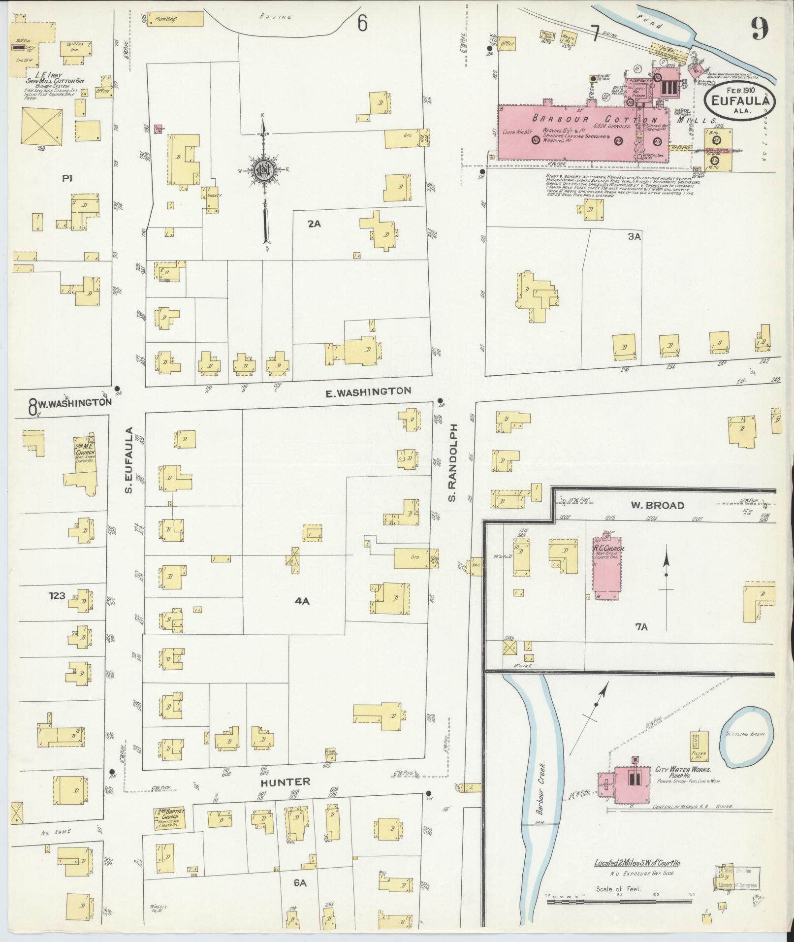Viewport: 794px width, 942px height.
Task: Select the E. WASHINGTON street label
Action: click(x=368, y=391)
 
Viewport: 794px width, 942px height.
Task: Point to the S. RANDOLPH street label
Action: click(x=453, y=463)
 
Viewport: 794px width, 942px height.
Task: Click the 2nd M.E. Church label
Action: click(x=85, y=448)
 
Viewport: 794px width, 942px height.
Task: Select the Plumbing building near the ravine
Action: click(x=175, y=19)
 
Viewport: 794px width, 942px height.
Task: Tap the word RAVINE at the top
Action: click(x=276, y=17)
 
